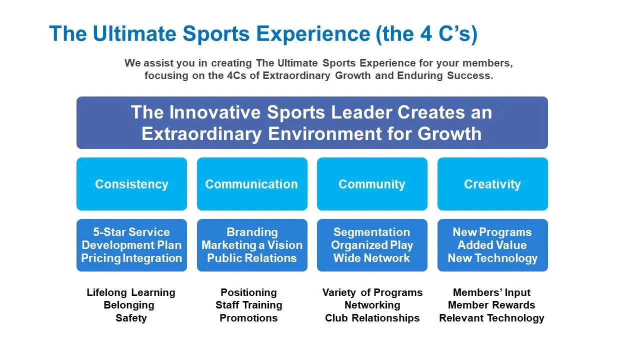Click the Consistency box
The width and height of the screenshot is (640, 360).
coord(131,184)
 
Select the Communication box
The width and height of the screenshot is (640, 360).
coord(251,184)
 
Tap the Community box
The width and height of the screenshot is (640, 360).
coord(372,184)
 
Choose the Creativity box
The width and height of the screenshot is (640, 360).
coord(492,184)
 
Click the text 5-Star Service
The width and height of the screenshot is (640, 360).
coord(131,232)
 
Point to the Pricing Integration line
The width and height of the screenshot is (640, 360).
coord(131,258)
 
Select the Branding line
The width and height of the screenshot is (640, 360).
coord(252,232)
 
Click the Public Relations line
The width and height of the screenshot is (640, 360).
coord(252,258)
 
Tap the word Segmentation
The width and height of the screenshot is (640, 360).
coord(371,232)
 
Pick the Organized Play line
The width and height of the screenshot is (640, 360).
coord(372,245)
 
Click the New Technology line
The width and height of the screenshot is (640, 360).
coord(492,258)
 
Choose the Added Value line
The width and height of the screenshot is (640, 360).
coord(492,245)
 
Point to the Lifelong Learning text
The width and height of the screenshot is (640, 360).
coord(131,292)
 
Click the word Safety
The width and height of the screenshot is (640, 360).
coord(131,318)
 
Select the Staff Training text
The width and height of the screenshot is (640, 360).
coord(248,305)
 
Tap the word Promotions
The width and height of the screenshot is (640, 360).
coord(248,318)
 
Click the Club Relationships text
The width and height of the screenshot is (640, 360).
coord(372,318)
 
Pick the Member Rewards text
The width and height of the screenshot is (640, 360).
coord(491,305)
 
